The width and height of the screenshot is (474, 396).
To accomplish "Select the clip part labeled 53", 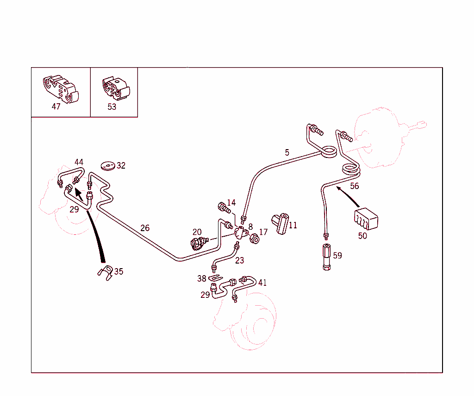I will (x=115, y=88).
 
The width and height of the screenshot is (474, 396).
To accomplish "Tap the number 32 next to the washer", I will (x=121, y=165).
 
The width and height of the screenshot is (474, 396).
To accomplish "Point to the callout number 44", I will (x=79, y=162).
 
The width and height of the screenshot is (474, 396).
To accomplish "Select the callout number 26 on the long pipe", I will (x=145, y=228).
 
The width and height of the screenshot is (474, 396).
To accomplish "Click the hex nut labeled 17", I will (x=253, y=239).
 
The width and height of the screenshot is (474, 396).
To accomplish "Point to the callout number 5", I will (x=287, y=152).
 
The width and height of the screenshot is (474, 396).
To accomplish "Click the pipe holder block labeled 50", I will (x=366, y=219).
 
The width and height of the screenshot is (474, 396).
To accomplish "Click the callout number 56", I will (x=354, y=186).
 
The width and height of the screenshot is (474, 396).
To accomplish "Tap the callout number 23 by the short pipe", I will (x=239, y=260).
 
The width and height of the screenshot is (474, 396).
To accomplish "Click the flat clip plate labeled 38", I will (x=213, y=278).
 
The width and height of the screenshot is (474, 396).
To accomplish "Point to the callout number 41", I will (x=262, y=283).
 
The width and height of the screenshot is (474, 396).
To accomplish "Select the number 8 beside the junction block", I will (x=250, y=226).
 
